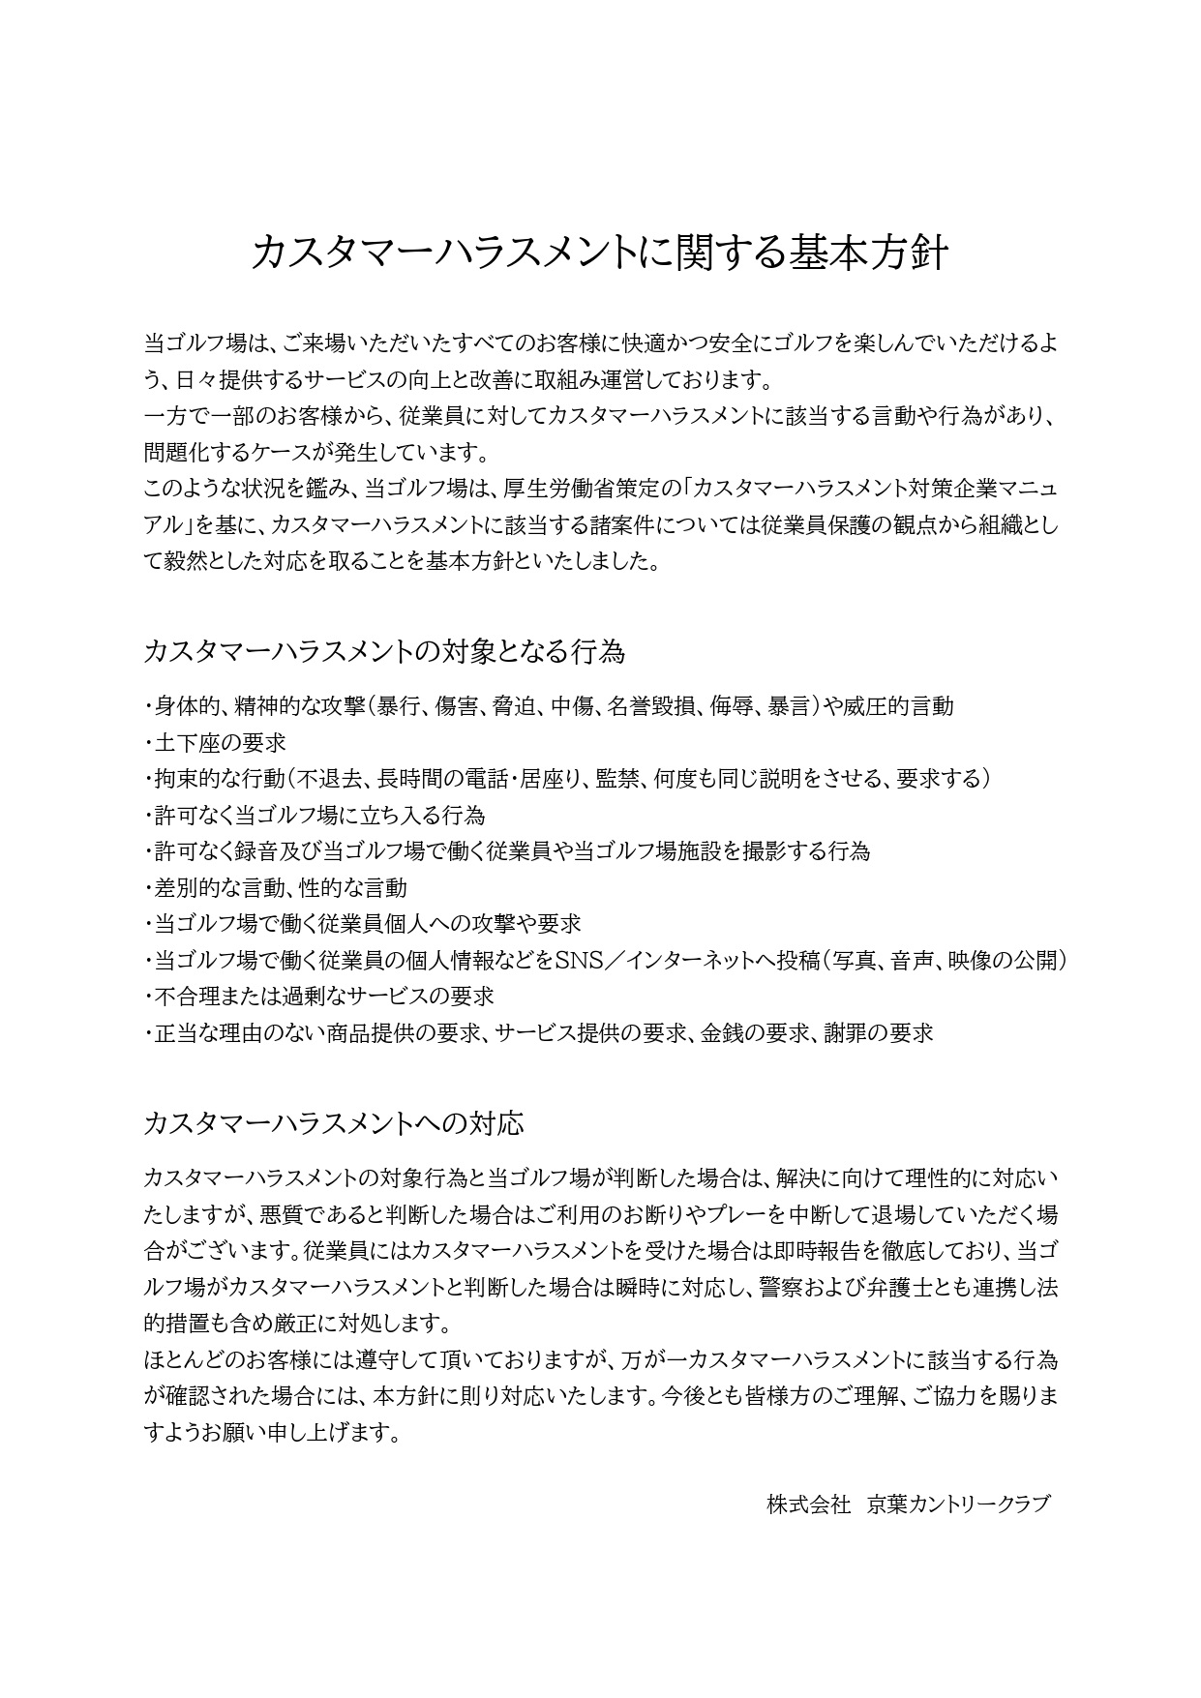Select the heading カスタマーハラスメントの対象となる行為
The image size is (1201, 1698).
[x=383, y=651]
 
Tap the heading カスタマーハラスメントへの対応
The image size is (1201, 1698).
[x=333, y=1123]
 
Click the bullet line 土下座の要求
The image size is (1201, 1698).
[x=220, y=742]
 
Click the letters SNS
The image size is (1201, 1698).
[x=579, y=960]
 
